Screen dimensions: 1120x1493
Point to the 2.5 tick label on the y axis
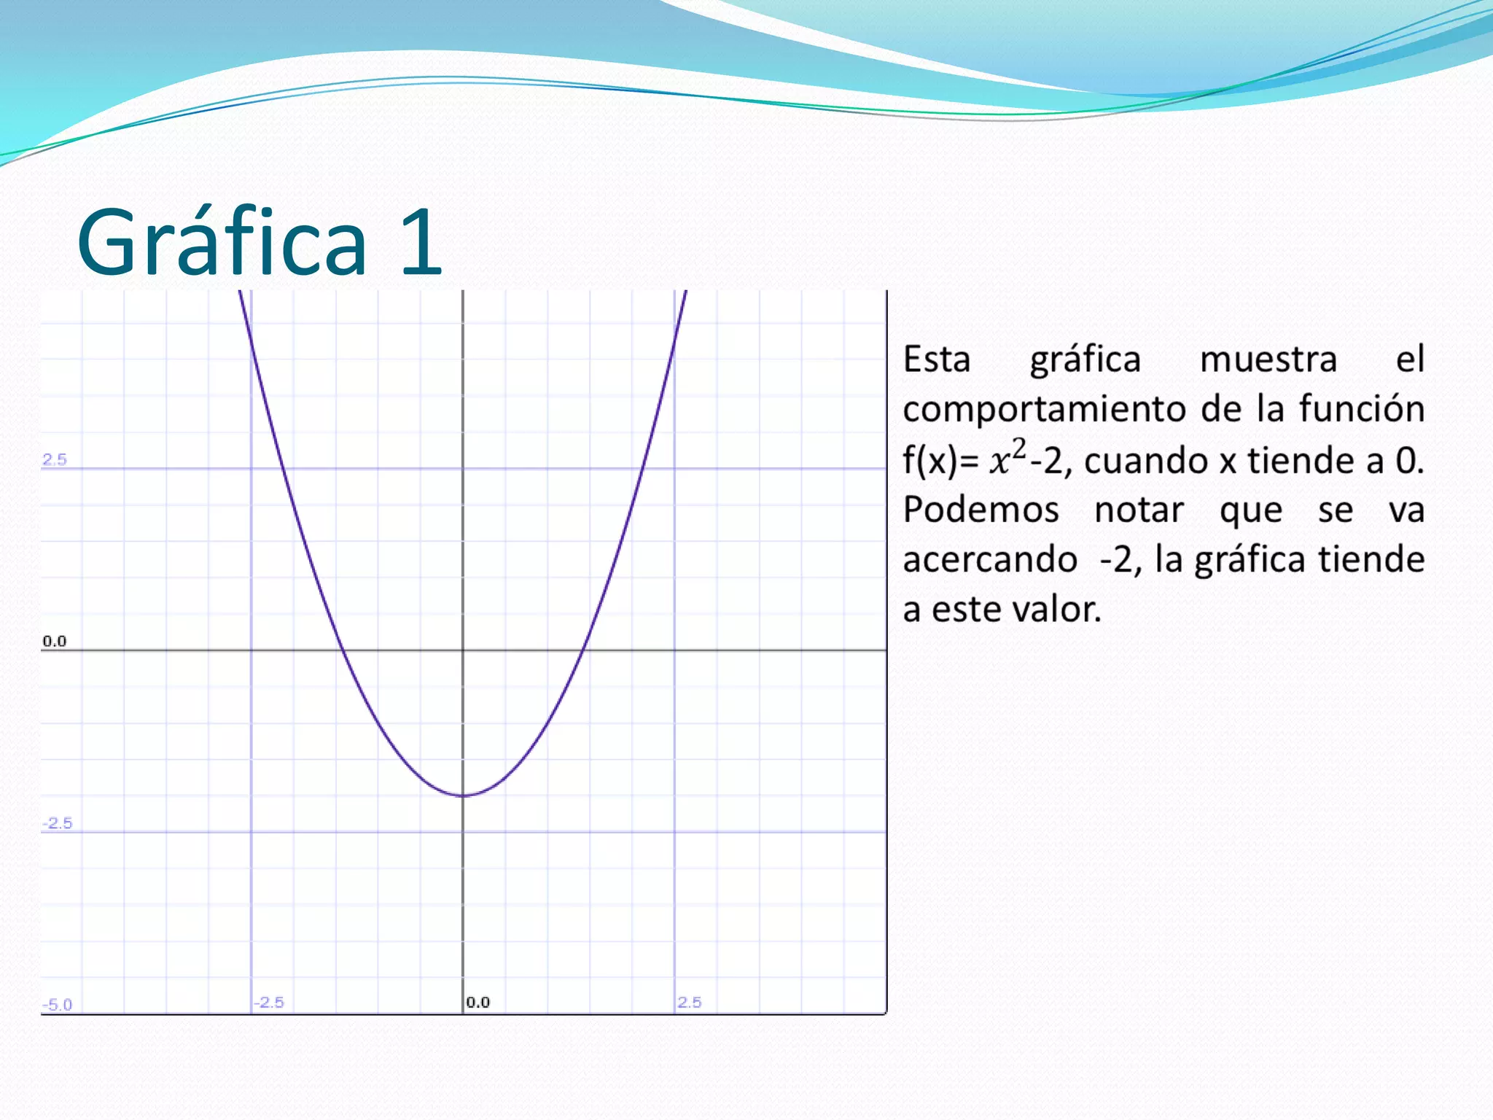(x=55, y=459)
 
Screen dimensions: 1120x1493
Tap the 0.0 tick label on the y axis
(x=55, y=641)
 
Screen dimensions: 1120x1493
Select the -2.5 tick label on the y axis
(x=57, y=823)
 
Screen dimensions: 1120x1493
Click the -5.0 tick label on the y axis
(x=57, y=1004)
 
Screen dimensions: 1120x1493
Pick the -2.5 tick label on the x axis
(x=269, y=1002)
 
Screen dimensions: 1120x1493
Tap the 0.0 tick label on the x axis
(x=478, y=1002)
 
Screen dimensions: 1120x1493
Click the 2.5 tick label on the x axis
(x=690, y=1002)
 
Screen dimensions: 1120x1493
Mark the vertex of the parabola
(x=463, y=795)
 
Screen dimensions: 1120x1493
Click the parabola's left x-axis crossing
(x=343, y=650)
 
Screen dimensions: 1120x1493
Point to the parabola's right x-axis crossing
(x=582, y=650)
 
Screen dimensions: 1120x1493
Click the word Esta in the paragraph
(x=937, y=359)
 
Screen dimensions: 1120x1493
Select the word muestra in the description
(x=1268, y=359)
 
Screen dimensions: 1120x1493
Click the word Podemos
(x=981, y=509)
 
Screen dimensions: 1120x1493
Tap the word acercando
(x=990, y=560)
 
